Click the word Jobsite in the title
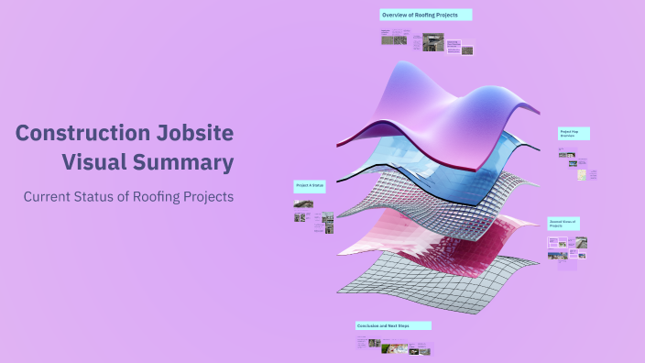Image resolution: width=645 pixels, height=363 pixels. pyautogui.click(x=193, y=134)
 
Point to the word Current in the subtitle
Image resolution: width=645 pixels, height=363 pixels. pyautogui.click(x=49, y=196)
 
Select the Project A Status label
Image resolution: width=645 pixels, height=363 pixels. pyautogui.click(x=310, y=185)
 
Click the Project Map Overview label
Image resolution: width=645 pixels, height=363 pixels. pyautogui.click(x=574, y=134)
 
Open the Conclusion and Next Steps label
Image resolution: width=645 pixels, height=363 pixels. pyautogui.click(x=393, y=325)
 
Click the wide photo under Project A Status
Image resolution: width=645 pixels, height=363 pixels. pyautogui.click(x=302, y=203)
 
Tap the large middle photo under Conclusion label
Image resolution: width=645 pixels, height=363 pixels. pyautogui.click(x=393, y=346)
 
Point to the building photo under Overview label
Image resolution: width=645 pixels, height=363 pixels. pyautogui.click(x=428, y=42)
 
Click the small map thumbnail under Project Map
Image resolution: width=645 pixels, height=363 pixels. pyautogui.click(x=566, y=154)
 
